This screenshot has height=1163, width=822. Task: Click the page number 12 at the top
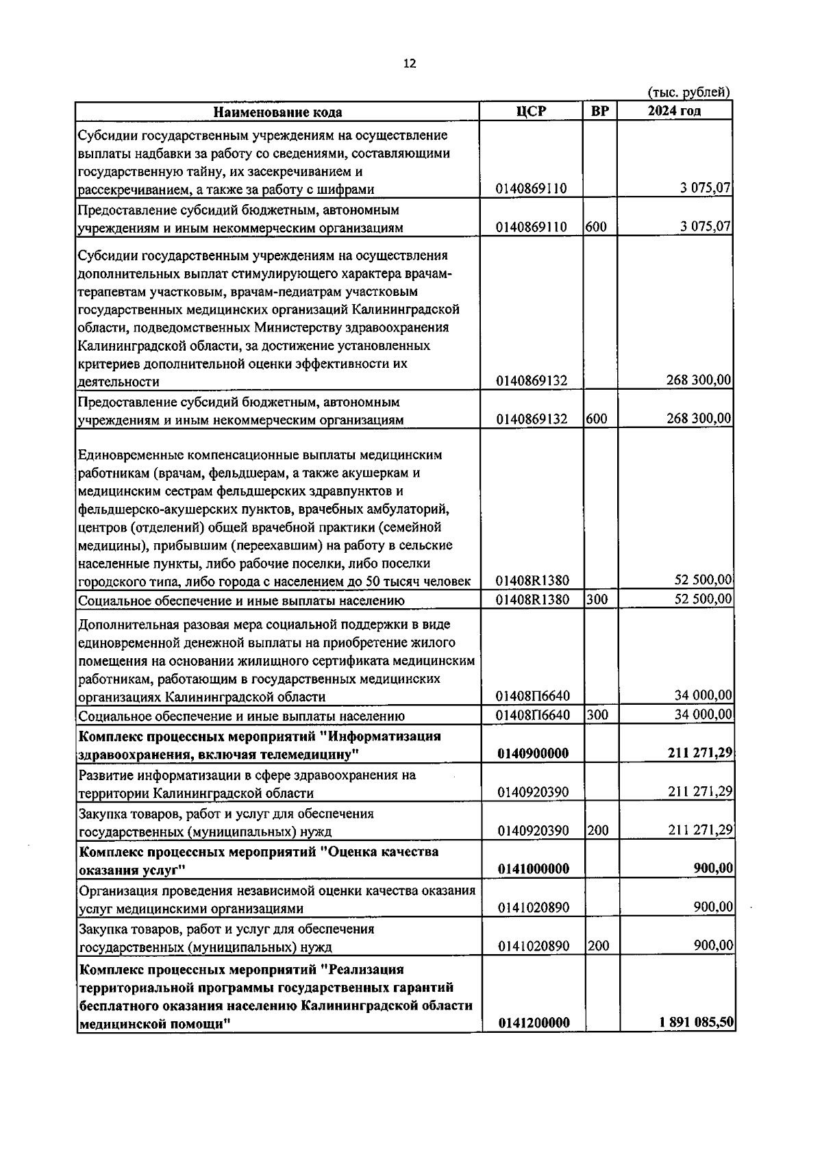click(x=410, y=64)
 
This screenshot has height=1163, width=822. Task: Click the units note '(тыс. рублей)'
click(x=688, y=92)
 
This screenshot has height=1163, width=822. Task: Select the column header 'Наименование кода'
click(x=277, y=112)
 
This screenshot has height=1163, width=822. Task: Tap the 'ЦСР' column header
click(x=532, y=112)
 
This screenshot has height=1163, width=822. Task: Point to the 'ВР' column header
click(x=599, y=112)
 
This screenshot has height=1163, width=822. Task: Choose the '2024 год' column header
click(x=674, y=112)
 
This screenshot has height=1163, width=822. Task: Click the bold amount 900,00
click(x=713, y=868)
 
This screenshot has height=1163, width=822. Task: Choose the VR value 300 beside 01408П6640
click(x=596, y=715)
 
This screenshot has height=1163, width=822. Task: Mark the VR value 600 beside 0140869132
click(x=596, y=419)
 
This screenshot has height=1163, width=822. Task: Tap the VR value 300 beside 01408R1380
click(x=596, y=599)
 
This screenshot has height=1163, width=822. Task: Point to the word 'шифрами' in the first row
click(x=348, y=190)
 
